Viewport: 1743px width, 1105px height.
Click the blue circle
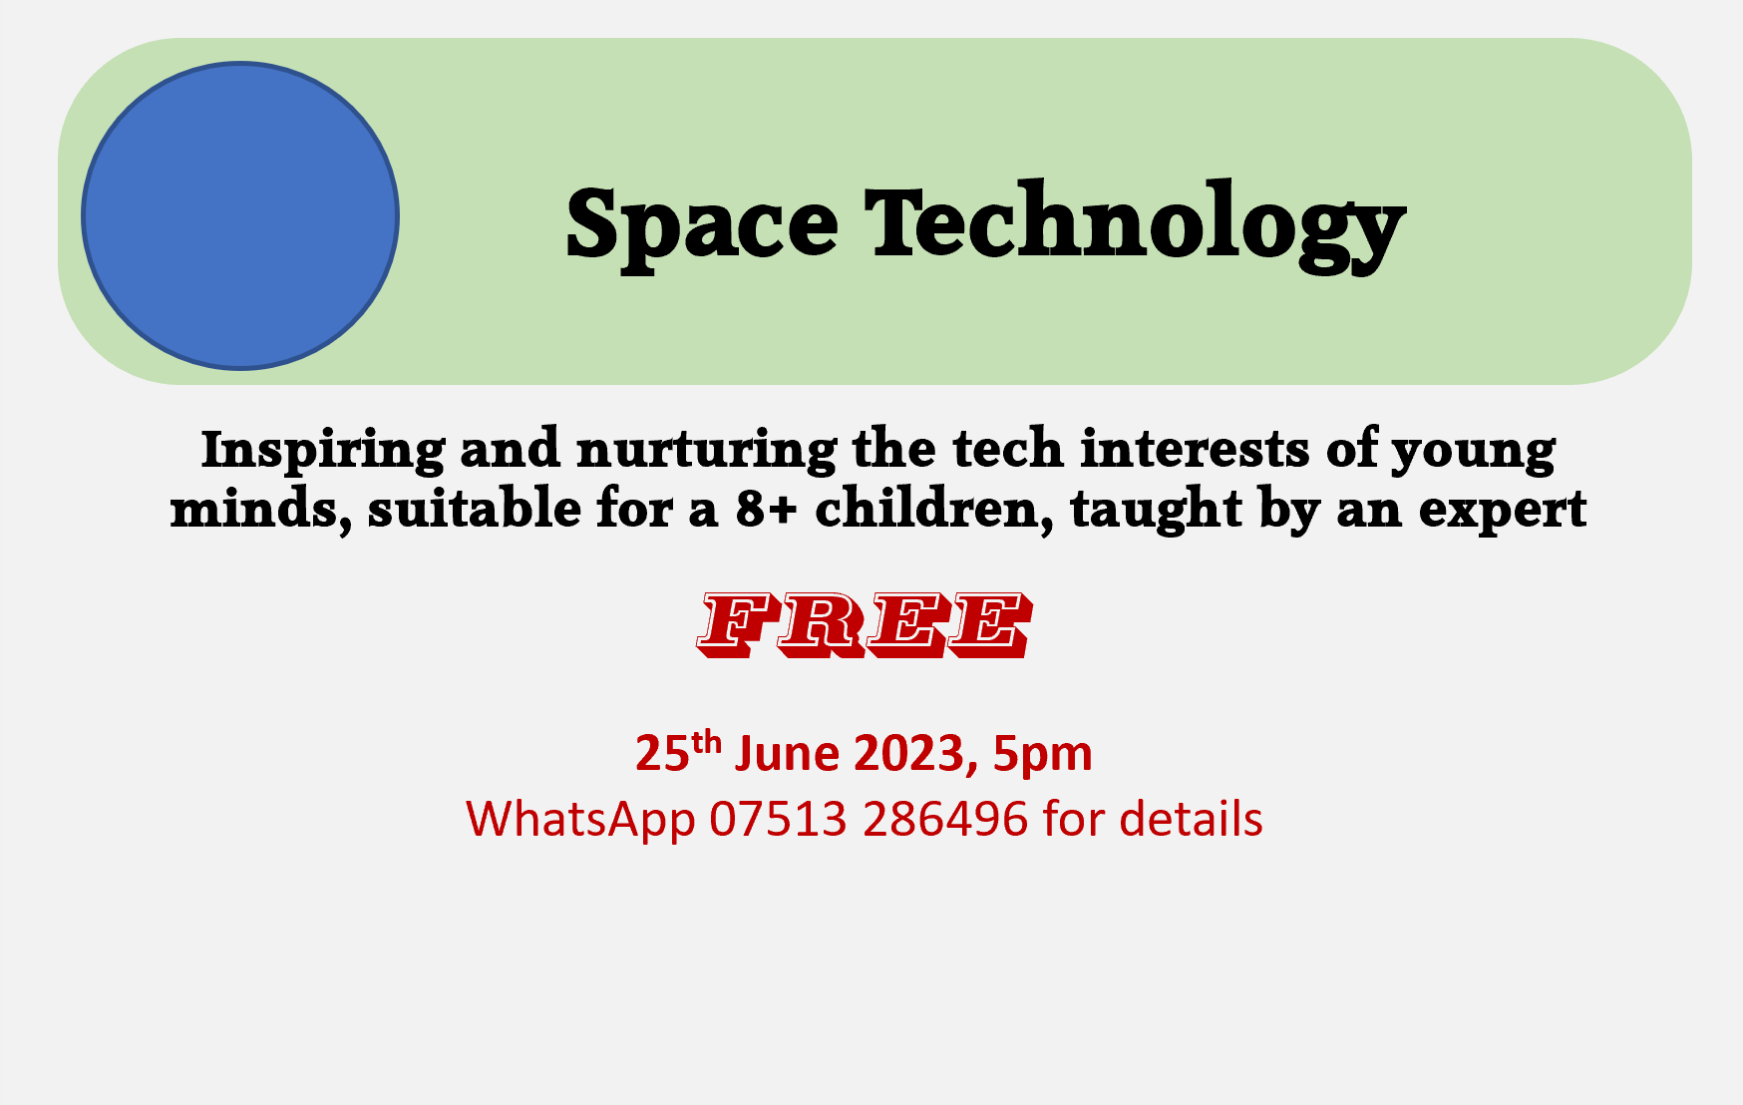[x=240, y=215]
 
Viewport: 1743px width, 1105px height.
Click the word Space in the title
[x=701, y=224]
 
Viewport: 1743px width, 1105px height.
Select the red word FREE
[x=865, y=625]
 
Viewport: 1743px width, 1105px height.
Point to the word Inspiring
[x=323, y=451]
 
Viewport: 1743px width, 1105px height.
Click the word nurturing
[x=707, y=451]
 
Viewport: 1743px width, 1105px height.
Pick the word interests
[x=1195, y=449]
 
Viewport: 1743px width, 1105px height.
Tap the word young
[x=1474, y=451]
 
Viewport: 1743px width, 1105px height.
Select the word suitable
[x=475, y=509]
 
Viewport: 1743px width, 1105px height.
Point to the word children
[x=933, y=510]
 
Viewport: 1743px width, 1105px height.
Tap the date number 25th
[x=677, y=752]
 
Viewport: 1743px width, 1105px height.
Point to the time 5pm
[x=1042, y=755]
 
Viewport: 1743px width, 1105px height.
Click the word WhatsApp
[x=580, y=820]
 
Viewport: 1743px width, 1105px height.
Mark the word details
[x=1191, y=819]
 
